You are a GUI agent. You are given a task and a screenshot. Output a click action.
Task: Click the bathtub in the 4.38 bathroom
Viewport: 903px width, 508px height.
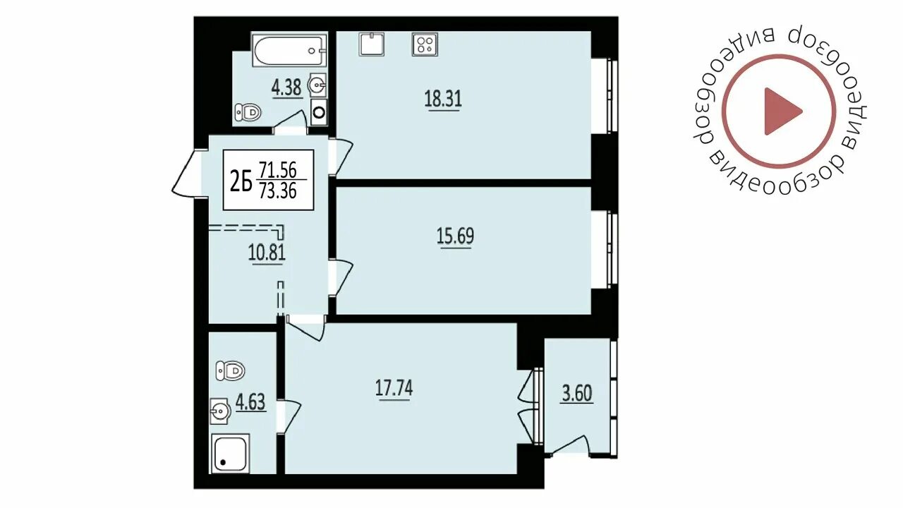(x=289, y=50)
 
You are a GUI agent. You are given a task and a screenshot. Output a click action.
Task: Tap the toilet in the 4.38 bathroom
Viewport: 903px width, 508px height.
(x=248, y=111)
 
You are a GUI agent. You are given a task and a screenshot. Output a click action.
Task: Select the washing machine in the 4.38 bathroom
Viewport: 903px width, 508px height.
(x=319, y=111)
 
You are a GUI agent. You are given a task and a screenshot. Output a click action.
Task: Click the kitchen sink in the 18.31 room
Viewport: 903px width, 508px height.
(x=371, y=44)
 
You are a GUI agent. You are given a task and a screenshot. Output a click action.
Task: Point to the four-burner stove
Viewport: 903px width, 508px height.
(x=425, y=44)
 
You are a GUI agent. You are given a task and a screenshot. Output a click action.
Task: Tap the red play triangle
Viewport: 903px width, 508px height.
(x=783, y=111)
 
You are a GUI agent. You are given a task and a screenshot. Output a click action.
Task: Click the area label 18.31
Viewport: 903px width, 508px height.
(x=443, y=99)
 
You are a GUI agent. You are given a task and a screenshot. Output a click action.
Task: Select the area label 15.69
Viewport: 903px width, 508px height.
(x=456, y=236)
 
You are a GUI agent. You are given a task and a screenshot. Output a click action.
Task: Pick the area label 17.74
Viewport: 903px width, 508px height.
(x=394, y=389)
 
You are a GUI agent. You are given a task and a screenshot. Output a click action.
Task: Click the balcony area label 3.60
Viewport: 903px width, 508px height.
(x=577, y=394)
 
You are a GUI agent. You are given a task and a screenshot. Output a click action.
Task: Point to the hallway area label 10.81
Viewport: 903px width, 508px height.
(x=267, y=253)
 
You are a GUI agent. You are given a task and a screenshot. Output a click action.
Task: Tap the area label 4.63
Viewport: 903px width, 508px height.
(x=250, y=402)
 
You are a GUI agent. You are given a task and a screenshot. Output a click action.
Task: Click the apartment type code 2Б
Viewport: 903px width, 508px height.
(x=241, y=180)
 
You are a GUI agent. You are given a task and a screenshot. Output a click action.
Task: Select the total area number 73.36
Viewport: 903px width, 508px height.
(x=278, y=190)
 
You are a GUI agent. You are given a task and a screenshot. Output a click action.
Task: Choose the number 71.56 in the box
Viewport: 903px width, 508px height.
(x=278, y=170)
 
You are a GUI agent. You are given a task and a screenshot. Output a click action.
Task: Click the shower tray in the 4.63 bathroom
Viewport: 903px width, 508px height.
(x=230, y=454)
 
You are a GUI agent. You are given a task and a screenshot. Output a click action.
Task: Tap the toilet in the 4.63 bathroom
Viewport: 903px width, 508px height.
(x=230, y=370)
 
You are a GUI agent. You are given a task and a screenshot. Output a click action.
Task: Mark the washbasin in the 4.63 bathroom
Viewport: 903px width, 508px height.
(x=220, y=411)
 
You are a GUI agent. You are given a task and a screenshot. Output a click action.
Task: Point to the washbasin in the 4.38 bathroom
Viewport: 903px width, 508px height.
(x=317, y=85)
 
